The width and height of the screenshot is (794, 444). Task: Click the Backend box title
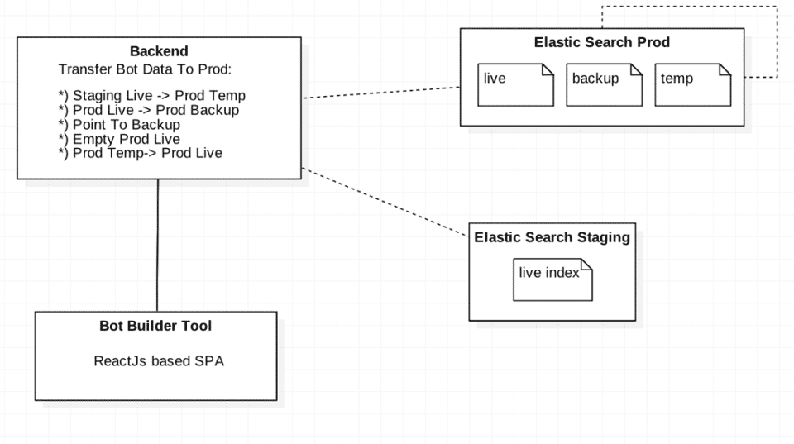[159, 51]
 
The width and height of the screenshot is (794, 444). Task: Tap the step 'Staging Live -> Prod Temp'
[151, 96]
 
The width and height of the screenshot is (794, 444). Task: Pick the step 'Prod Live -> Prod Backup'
[148, 110]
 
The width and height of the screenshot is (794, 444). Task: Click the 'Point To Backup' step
[119, 124]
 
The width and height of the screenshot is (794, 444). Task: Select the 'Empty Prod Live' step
[119, 139]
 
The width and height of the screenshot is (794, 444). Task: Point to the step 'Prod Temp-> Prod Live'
[140, 153]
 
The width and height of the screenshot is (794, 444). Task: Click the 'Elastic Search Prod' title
[601, 42]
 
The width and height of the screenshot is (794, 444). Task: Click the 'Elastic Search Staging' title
[552, 237]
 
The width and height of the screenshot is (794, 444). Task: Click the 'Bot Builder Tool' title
[155, 326]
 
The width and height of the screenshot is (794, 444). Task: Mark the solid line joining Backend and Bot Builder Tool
[158, 245]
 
